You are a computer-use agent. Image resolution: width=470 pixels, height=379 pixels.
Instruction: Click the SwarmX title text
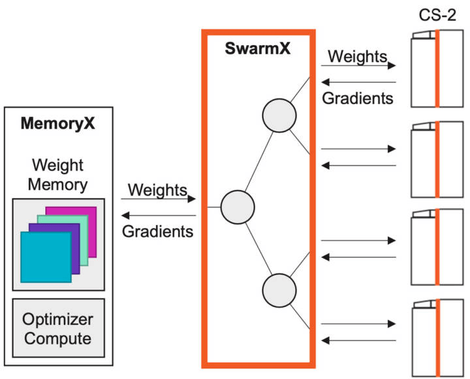pyautogui.click(x=258, y=50)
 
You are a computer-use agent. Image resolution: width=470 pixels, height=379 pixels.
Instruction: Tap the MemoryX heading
pyautogui.click(x=58, y=123)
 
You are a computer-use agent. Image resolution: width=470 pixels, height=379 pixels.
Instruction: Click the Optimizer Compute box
pyautogui.click(x=58, y=329)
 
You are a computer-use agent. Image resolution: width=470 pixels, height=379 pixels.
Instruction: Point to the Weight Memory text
pyautogui.click(x=58, y=174)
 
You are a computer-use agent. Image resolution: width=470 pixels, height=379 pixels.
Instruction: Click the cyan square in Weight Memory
pyautogui.click(x=45, y=257)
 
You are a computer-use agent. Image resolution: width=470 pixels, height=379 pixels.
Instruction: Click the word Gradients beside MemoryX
pyautogui.click(x=158, y=230)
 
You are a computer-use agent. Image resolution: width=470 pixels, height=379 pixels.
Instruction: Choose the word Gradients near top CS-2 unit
pyautogui.click(x=358, y=99)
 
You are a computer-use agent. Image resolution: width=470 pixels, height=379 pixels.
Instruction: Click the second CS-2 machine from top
pyautogui.click(x=436, y=160)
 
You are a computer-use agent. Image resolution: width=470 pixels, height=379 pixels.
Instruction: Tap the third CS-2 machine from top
pyautogui.click(x=436, y=248)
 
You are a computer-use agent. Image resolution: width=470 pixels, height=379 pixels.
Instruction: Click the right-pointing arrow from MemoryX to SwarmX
pyautogui.click(x=158, y=200)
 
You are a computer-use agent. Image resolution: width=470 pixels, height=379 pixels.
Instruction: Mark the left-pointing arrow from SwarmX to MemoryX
pyautogui.click(x=158, y=216)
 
